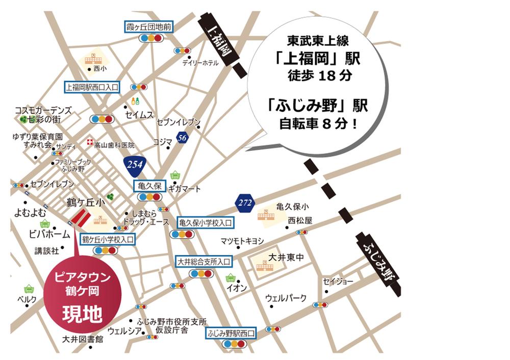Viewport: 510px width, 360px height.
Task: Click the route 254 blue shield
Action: [x=135, y=164]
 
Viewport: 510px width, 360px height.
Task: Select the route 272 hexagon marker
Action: [x=245, y=203]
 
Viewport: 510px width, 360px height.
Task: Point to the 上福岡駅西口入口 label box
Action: [x=92, y=87]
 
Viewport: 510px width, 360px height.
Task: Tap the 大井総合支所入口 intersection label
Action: [x=203, y=262]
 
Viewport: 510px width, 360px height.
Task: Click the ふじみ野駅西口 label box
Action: [x=231, y=332]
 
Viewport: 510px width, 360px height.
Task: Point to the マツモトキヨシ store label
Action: [x=242, y=241]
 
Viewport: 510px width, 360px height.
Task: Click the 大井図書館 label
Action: [x=83, y=339]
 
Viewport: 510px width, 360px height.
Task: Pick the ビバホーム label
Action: [x=49, y=234]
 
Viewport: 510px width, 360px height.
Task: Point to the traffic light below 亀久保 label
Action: [x=149, y=197]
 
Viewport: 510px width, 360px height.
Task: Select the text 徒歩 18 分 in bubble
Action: [x=317, y=76]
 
